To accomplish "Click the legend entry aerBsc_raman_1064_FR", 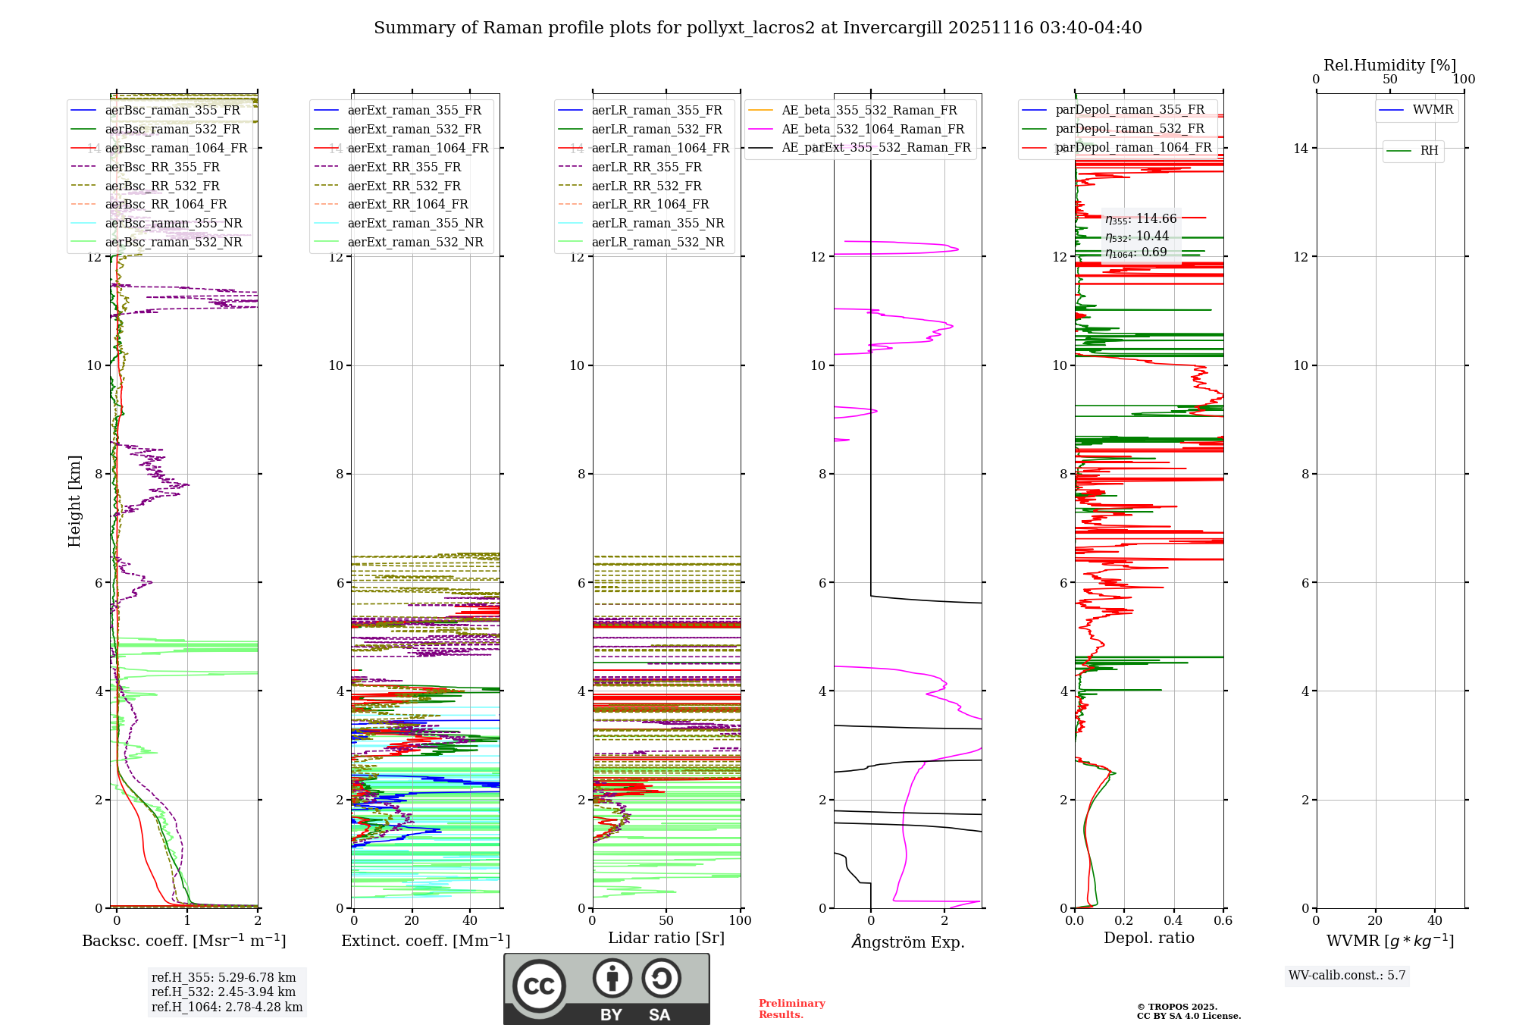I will (176, 148).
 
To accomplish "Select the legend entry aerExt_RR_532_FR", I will (403, 186).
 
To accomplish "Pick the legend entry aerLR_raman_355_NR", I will (657, 223).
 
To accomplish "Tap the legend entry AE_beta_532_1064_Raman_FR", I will (872, 129).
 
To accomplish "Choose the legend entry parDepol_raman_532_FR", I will (1129, 129).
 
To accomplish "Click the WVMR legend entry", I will (1432, 110).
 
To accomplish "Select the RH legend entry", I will (1429, 151).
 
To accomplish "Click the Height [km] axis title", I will (74, 500).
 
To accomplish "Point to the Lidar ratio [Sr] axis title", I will (666, 938).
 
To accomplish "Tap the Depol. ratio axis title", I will (1148, 938).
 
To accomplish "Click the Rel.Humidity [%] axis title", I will (1389, 65).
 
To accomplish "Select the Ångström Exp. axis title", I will (907, 942).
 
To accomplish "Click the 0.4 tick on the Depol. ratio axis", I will (1173, 920).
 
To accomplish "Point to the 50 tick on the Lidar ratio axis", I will (666, 920).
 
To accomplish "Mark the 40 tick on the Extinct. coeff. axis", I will (470, 920).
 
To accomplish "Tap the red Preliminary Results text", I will (791, 1009).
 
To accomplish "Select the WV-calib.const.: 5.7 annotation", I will (1347, 976).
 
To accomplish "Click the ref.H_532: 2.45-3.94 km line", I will (224, 992).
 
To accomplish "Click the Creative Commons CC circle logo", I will (539, 986).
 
